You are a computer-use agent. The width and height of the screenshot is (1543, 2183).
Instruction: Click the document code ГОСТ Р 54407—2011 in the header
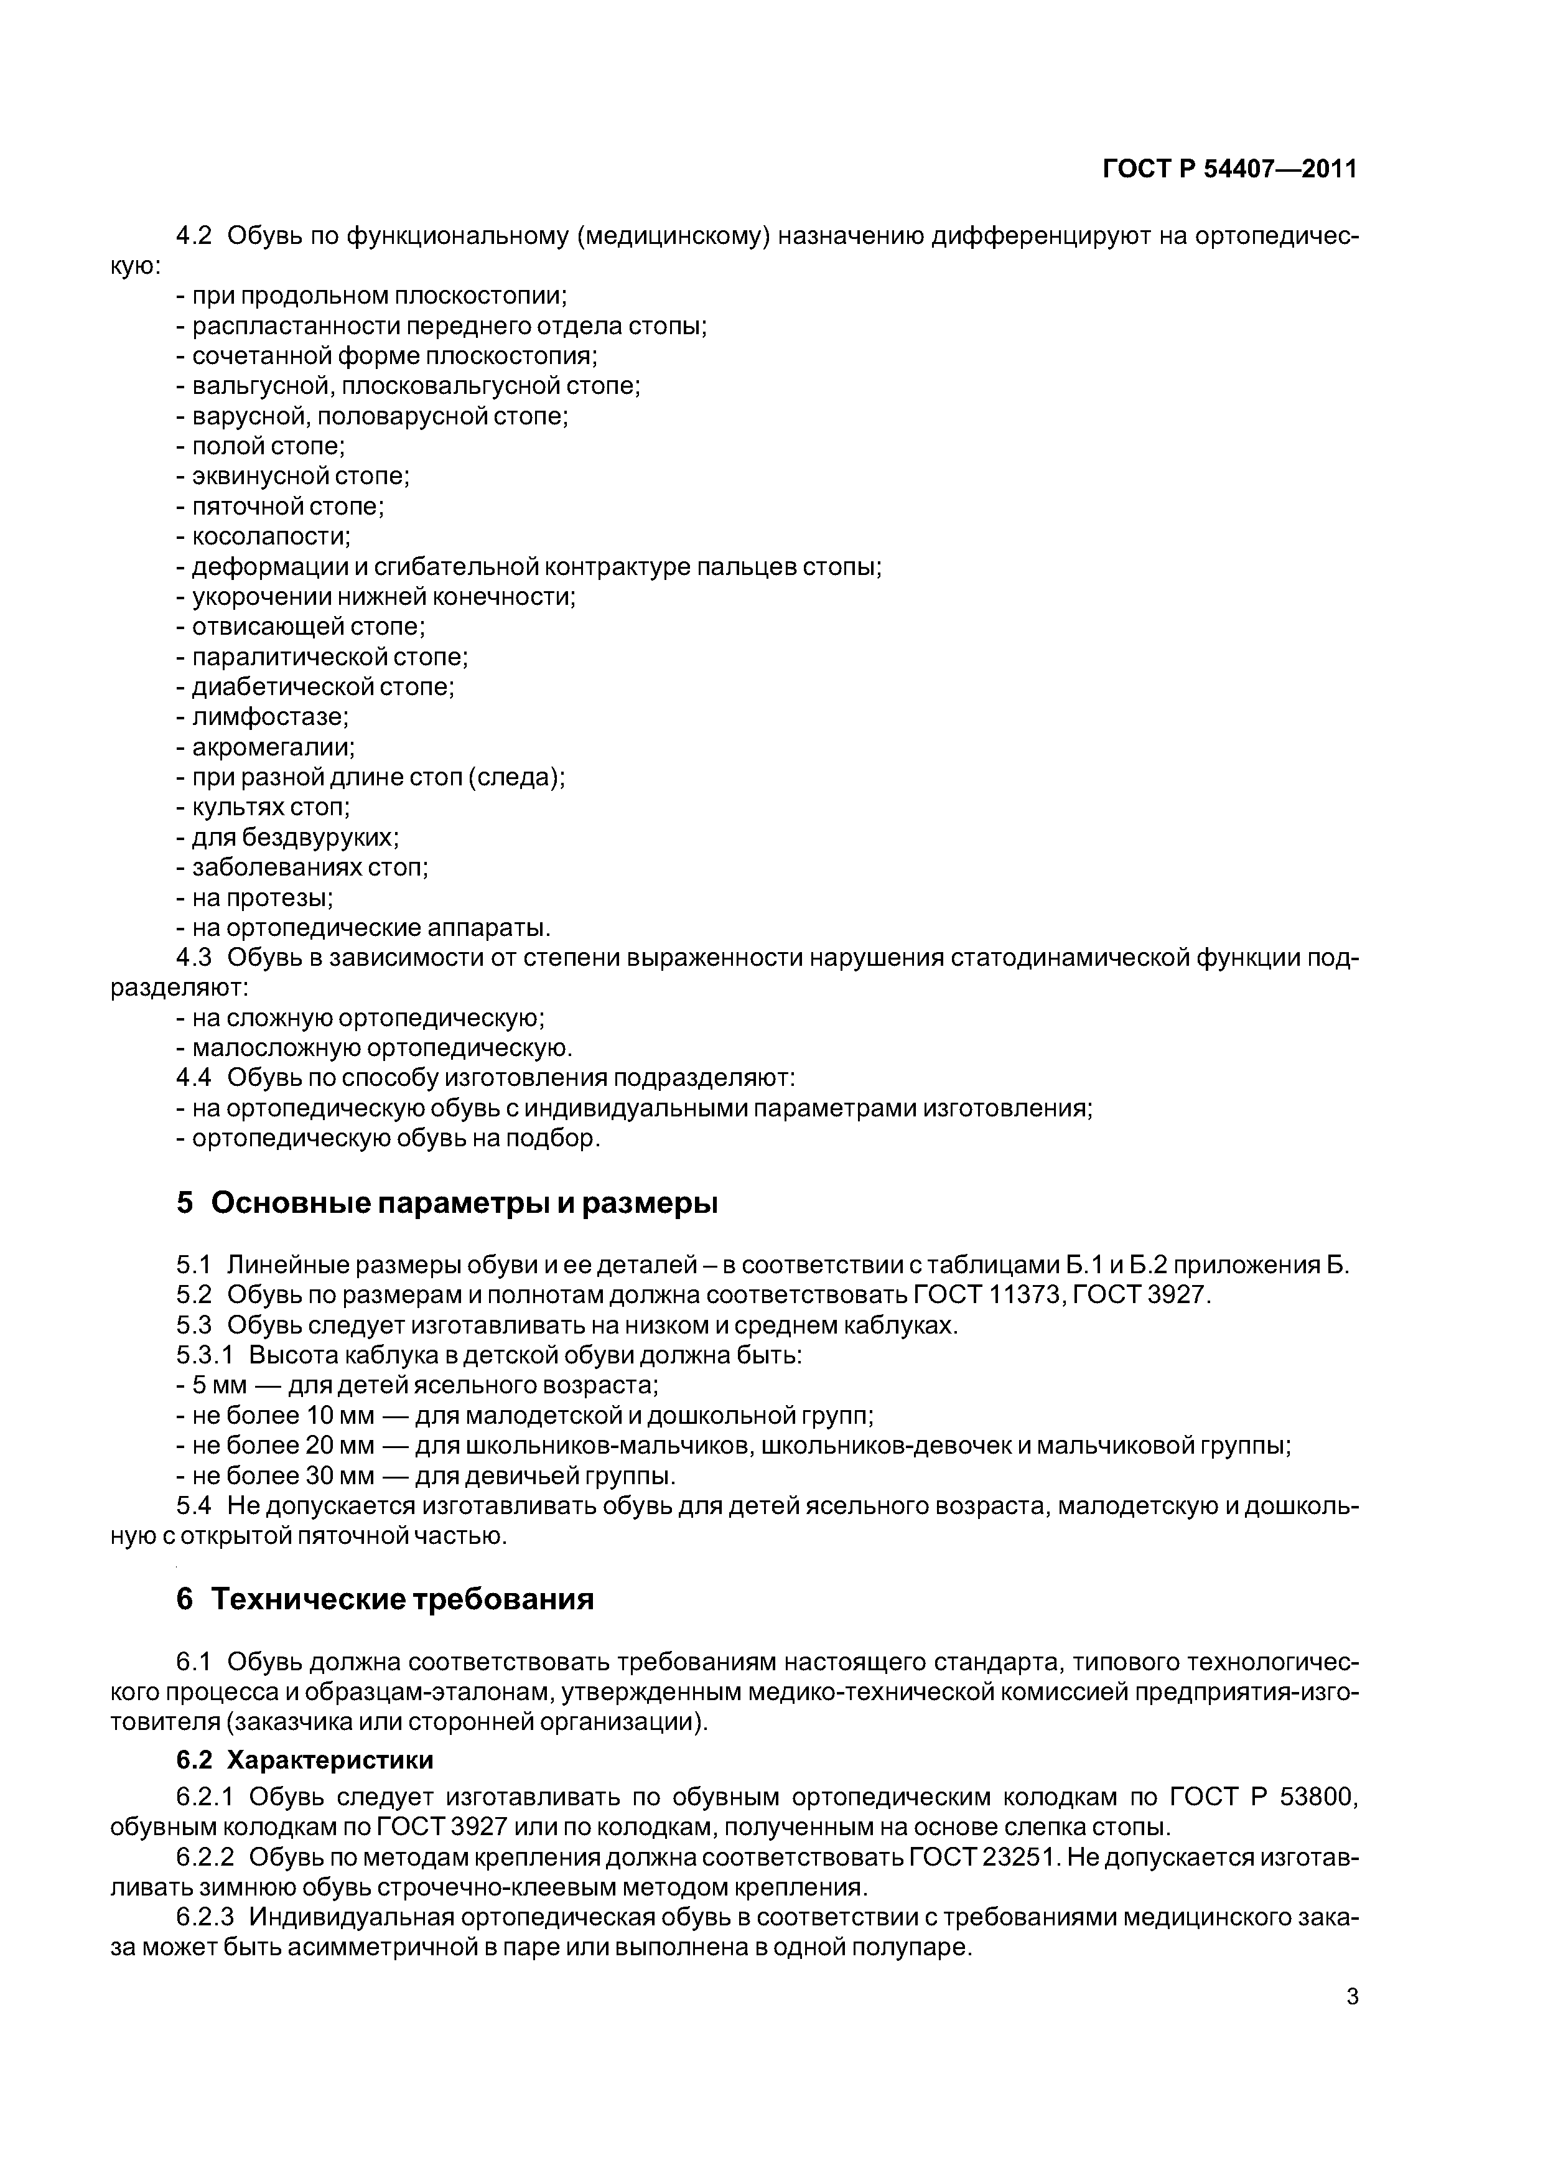(1229, 169)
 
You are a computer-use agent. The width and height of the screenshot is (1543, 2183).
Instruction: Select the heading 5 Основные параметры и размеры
(447, 1204)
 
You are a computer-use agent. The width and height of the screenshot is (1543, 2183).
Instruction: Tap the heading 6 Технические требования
(385, 1599)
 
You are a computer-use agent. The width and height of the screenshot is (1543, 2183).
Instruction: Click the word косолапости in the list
(271, 536)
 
